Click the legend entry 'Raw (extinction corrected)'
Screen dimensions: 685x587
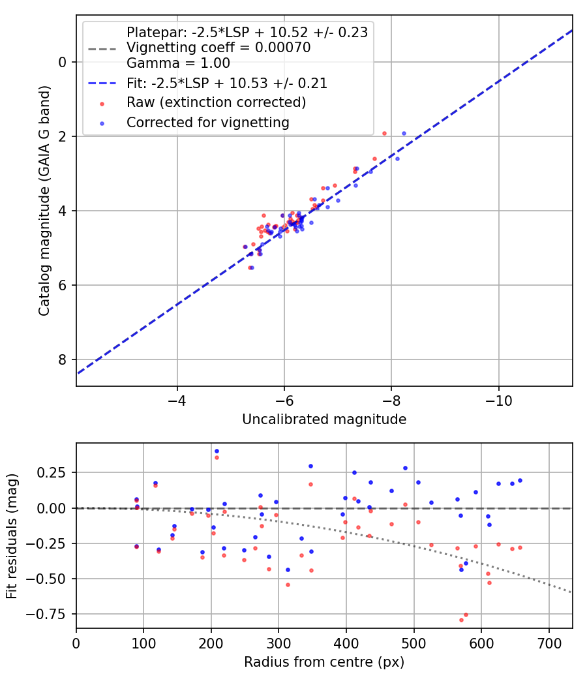click(x=216, y=102)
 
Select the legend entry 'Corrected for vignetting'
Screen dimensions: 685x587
click(x=207, y=122)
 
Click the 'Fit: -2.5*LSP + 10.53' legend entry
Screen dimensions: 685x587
click(x=226, y=83)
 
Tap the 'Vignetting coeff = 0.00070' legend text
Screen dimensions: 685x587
click(x=218, y=48)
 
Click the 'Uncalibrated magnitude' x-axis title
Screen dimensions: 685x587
click(x=324, y=419)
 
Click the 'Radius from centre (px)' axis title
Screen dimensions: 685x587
click(x=324, y=662)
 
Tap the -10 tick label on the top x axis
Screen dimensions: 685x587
click(x=499, y=399)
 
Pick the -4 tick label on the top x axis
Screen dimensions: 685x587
click(x=177, y=399)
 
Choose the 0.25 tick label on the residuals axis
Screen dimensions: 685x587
click(x=55, y=472)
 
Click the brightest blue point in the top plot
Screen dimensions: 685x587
click(x=404, y=133)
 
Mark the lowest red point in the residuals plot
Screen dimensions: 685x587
click(x=461, y=620)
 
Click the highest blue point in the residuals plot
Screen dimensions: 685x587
click(x=217, y=451)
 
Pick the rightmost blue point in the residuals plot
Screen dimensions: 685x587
click(x=520, y=480)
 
